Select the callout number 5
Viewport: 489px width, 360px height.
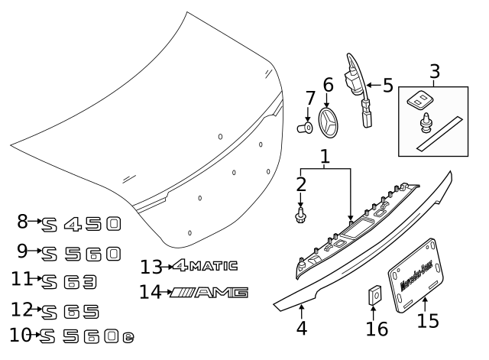(388, 85)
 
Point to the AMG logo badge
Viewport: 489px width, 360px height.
(209, 292)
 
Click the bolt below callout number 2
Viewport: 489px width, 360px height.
(301, 216)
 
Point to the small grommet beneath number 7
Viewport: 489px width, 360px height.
(307, 127)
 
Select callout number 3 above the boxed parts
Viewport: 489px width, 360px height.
(434, 73)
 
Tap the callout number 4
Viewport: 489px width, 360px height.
(301, 329)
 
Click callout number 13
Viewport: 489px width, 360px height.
(151, 267)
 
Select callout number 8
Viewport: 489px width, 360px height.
(22, 222)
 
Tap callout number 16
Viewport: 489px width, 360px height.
(377, 329)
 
